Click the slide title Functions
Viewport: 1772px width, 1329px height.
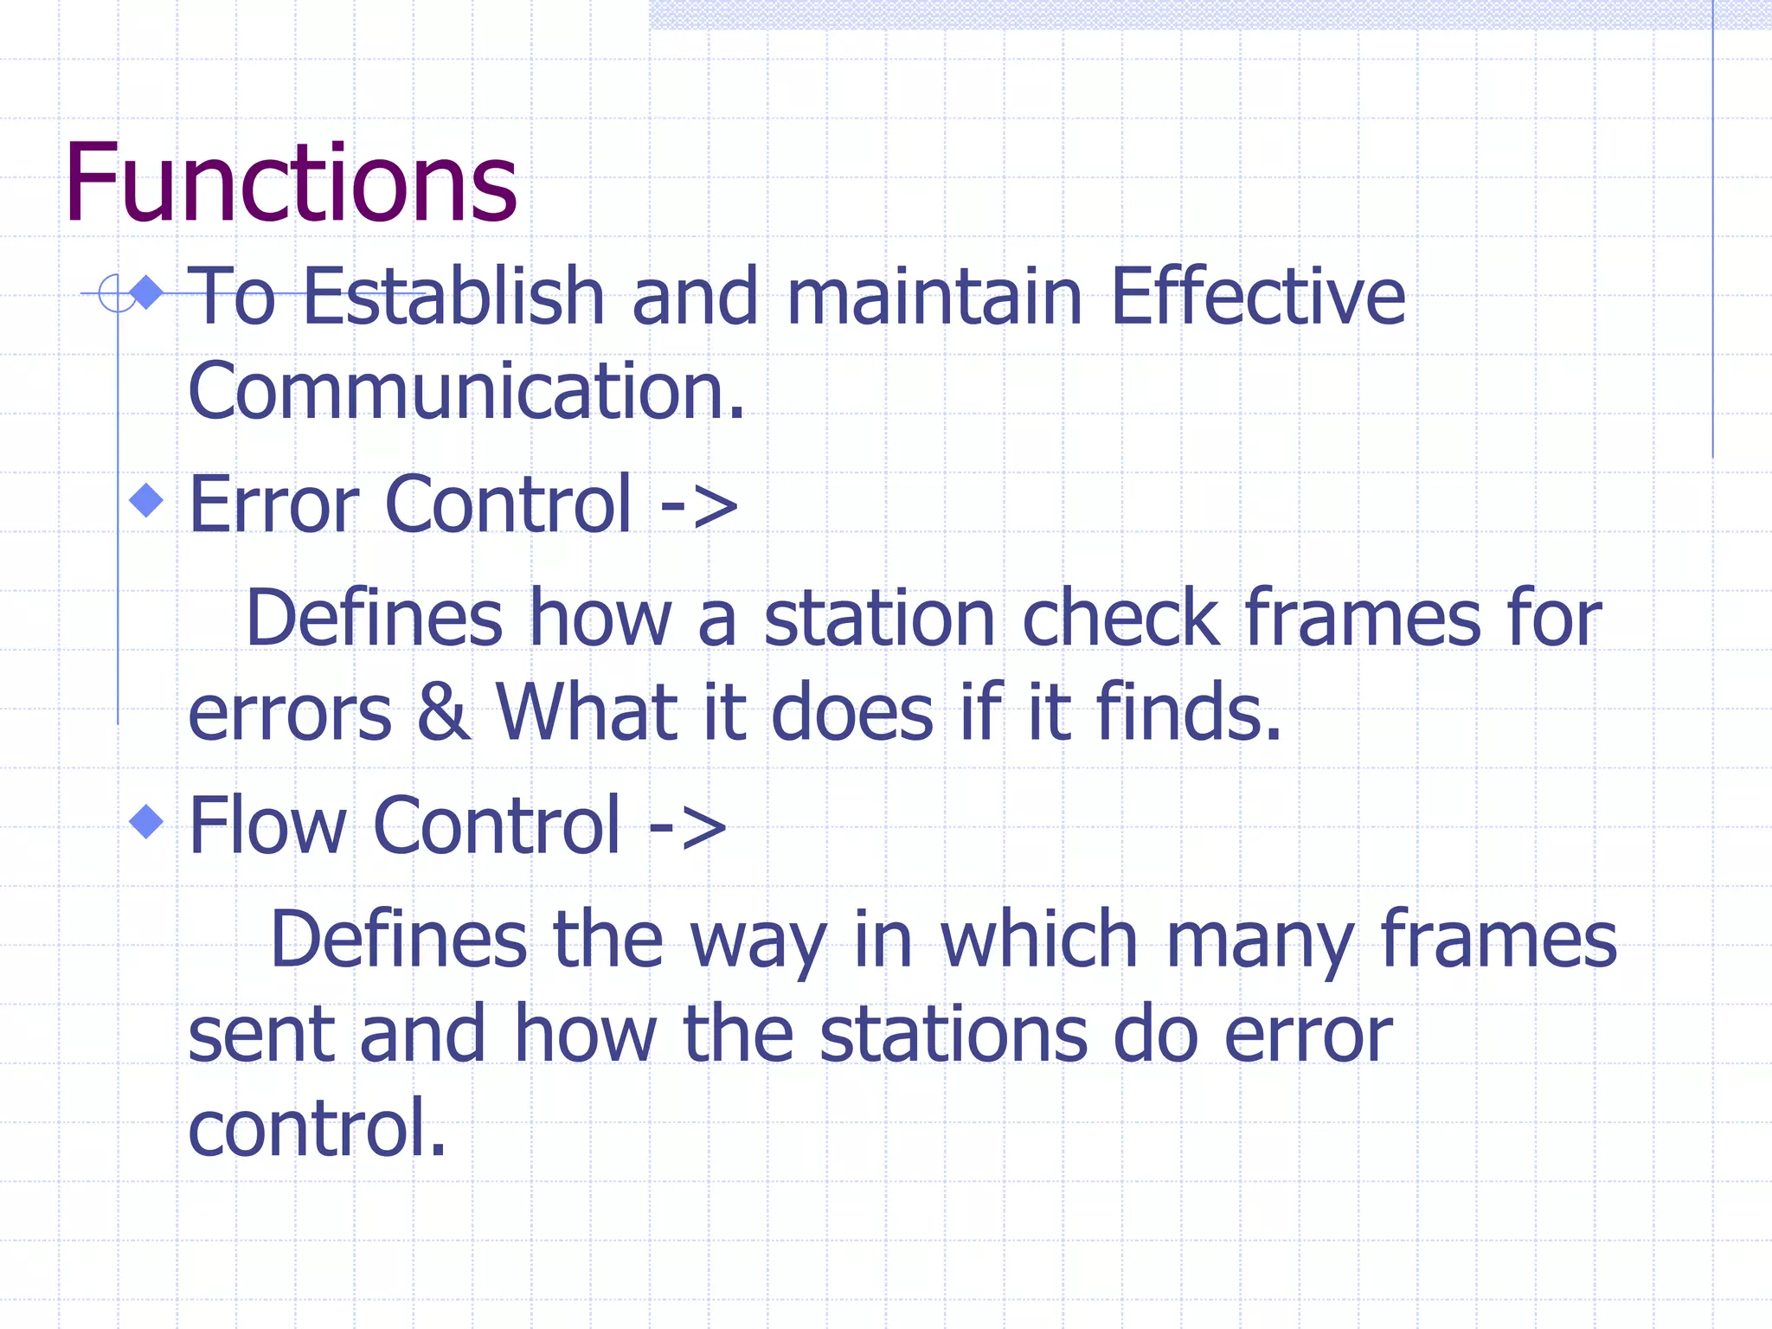[x=291, y=183]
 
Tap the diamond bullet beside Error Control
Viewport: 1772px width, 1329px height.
[x=146, y=500]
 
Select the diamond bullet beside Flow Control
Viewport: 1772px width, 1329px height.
[x=146, y=821]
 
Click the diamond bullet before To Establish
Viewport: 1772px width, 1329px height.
[x=147, y=292]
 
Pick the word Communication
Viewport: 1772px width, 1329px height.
[x=465, y=392]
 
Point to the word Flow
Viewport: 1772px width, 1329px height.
[x=267, y=826]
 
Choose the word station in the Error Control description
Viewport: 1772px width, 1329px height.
[x=879, y=619]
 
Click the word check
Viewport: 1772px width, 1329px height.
[x=1120, y=619]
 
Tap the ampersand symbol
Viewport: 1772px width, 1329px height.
[x=444, y=713]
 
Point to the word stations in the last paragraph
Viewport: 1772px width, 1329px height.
[x=953, y=1035]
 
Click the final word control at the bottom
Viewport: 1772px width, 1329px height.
[x=317, y=1128]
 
